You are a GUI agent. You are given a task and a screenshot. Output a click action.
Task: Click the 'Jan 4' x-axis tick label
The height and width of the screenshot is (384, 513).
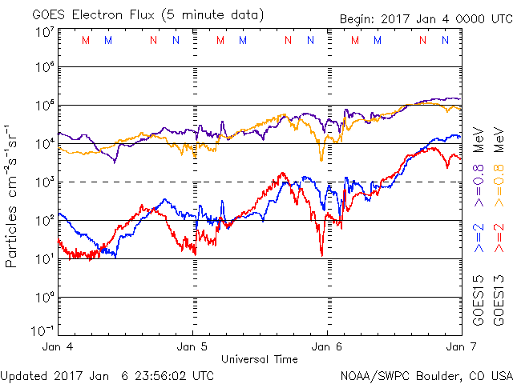[59, 347]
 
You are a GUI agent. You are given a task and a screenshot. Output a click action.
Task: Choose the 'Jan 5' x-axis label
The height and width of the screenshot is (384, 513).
[193, 347]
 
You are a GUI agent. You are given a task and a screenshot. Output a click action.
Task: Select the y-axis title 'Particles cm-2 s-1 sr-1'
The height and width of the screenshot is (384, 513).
[14, 196]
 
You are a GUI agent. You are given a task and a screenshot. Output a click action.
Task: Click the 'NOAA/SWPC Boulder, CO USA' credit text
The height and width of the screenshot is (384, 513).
[426, 375]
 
